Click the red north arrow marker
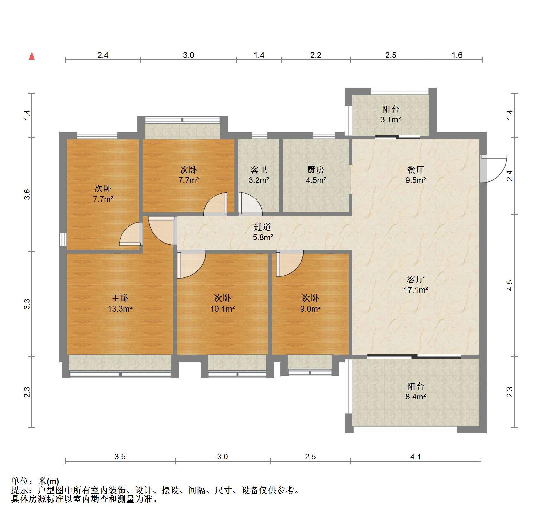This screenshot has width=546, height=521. click(x=32, y=56)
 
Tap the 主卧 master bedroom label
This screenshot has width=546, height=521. click(x=120, y=298)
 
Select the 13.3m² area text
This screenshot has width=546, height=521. click(x=120, y=309)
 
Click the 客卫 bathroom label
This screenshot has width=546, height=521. click(x=259, y=170)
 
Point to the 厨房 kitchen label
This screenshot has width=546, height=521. click(x=316, y=170)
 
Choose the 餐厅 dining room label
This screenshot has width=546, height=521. click(x=416, y=170)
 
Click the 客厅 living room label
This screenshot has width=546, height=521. click(x=416, y=279)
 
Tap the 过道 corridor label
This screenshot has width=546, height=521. click(x=263, y=227)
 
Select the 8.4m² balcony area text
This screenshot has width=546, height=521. click(x=416, y=397)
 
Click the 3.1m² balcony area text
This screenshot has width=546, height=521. click(x=391, y=120)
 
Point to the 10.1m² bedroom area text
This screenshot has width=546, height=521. click(x=223, y=309)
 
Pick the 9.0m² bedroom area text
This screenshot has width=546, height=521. click(x=310, y=309)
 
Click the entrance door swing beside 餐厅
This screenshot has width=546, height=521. click(x=493, y=169)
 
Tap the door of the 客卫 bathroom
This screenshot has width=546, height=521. click(x=250, y=204)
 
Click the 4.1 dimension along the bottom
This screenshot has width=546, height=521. click(x=416, y=457)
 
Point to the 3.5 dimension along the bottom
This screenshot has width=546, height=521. click(x=120, y=457)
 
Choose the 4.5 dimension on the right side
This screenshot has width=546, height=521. click(x=509, y=285)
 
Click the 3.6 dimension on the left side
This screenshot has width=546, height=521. click(x=27, y=194)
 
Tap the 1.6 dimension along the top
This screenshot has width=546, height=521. click(x=457, y=55)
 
